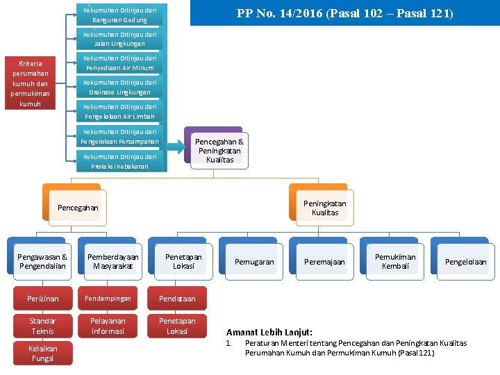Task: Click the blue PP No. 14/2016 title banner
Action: pos(344,13)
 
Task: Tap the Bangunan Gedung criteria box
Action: pos(119,15)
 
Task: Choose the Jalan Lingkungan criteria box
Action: pos(119,39)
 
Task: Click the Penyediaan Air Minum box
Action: pos(119,63)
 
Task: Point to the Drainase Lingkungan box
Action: pos(119,87)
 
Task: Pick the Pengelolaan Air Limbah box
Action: pos(119,112)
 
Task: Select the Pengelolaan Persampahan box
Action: pos(119,136)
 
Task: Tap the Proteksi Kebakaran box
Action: pos(119,161)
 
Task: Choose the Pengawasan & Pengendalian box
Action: pos(42,261)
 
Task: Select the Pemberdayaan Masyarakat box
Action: pos(112,261)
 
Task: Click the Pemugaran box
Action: pos(254,262)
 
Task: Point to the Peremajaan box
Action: pos(324,262)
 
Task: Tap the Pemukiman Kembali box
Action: pos(395,261)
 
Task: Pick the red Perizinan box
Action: pos(42,299)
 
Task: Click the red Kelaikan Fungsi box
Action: pos(42,353)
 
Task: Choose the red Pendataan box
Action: pos(177,299)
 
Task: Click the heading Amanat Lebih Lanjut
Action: pos(269,333)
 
